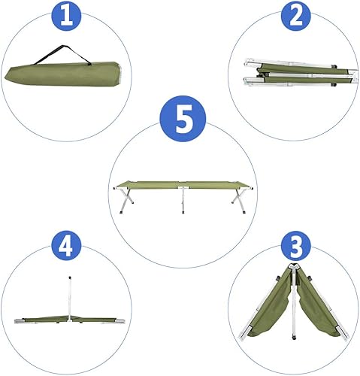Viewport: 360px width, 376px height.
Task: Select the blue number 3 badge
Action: click(294, 249)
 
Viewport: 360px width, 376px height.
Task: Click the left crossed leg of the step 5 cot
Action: click(127, 199)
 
